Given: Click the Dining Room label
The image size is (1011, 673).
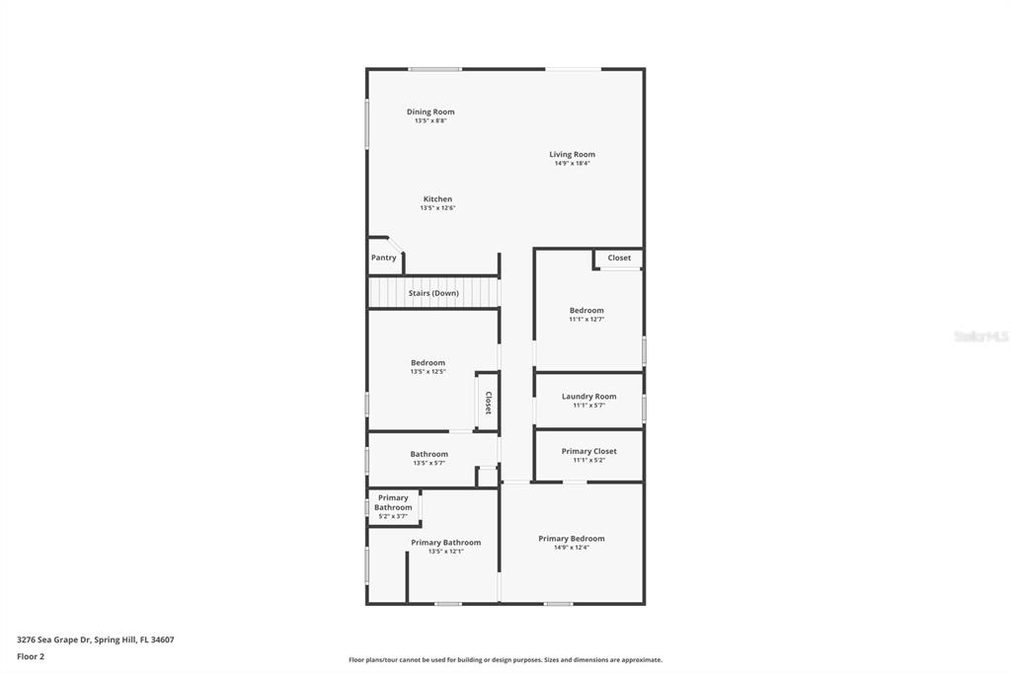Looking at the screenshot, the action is click(x=430, y=112).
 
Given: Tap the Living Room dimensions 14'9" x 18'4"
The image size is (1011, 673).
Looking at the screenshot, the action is click(x=572, y=163).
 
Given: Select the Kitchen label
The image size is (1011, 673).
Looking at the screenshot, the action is click(x=437, y=199).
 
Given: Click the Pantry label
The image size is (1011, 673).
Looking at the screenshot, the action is click(x=384, y=258).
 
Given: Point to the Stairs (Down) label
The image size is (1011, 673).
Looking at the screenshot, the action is click(x=433, y=293).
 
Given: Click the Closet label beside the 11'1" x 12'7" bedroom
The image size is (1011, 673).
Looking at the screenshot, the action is click(x=619, y=258).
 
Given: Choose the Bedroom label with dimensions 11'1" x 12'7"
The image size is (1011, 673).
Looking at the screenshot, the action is click(x=586, y=310).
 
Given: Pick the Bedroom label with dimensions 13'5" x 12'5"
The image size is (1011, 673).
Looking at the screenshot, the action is click(x=428, y=363).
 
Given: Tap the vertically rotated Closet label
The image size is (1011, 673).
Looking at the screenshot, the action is click(x=488, y=403).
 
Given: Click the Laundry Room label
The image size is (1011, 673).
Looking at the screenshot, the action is click(x=588, y=397).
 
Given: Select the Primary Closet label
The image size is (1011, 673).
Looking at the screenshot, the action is click(x=588, y=451).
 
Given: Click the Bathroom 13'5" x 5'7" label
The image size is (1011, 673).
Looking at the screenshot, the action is click(x=428, y=455).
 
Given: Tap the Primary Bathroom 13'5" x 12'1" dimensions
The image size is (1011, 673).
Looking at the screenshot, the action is click(x=445, y=552).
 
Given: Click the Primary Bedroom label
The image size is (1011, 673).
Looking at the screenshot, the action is click(x=572, y=539).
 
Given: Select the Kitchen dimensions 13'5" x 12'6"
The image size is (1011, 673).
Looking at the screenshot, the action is click(x=437, y=208).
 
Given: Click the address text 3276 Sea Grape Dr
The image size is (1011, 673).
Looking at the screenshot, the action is click(x=53, y=640).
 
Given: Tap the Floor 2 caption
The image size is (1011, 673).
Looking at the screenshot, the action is click(x=31, y=657).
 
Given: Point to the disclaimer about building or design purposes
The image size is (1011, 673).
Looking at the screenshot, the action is click(x=505, y=660).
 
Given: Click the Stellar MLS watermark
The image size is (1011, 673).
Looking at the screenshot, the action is click(x=981, y=336).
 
